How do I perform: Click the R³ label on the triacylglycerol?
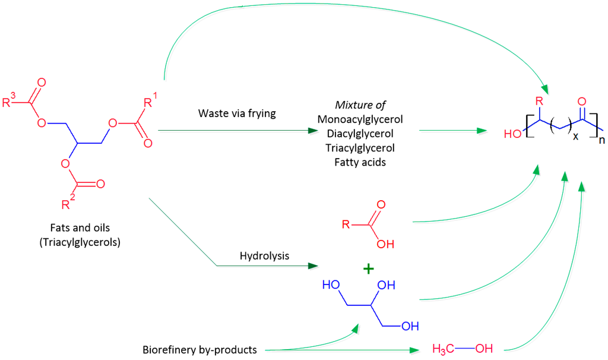click(7, 102)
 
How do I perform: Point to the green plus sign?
click(368, 269)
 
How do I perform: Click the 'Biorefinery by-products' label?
click(199, 349)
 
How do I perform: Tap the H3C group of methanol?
click(445, 349)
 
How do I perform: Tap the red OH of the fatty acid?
click(385, 243)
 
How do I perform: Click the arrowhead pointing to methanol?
click(413, 349)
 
